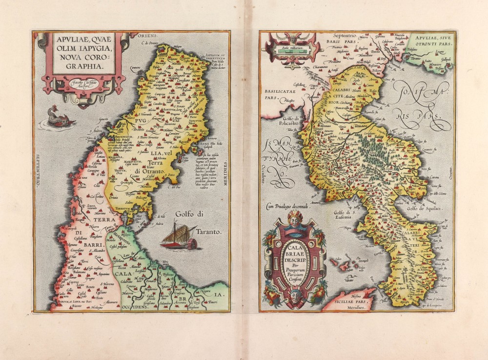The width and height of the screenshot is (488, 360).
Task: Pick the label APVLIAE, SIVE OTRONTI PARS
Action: pyautogui.click(x=431, y=40)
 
